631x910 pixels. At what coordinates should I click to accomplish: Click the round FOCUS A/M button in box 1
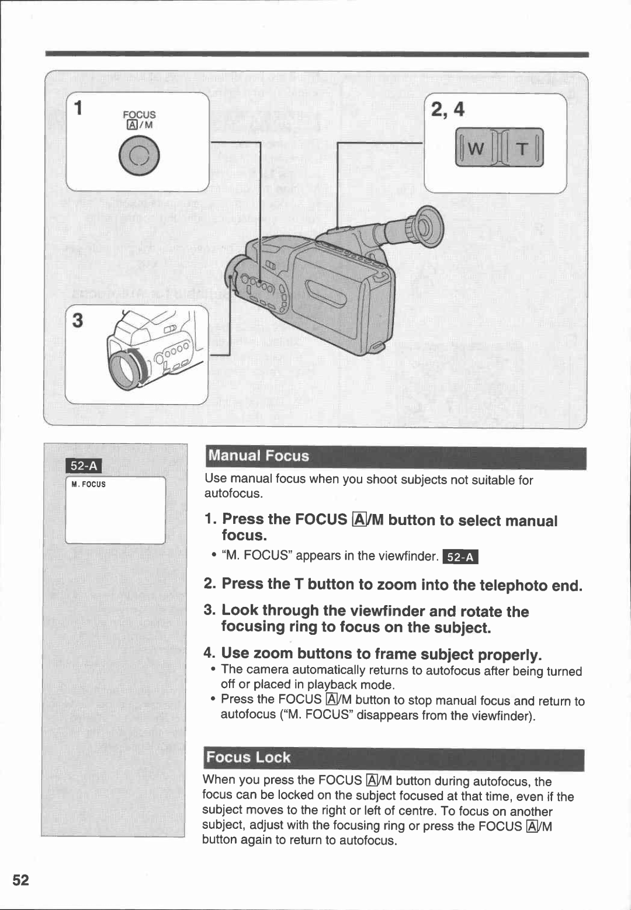tap(138, 155)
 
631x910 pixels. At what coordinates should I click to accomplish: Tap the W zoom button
tap(474, 148)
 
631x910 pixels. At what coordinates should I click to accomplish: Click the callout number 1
tap(77, 109)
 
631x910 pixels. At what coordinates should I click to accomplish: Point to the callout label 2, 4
tap(447, 109)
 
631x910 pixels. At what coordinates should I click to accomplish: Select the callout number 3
tap(78, 320)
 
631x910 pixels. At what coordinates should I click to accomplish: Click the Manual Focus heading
tap(258, 456)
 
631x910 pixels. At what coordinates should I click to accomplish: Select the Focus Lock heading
tap(248, 758)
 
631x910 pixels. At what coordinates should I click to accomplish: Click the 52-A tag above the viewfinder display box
tap(85, 466)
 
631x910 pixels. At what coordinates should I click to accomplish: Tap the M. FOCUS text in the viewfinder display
tap(88, 484)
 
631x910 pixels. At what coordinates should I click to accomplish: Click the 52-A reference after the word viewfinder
tap(460, 557)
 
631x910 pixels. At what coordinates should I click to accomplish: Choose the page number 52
tap(20, 880)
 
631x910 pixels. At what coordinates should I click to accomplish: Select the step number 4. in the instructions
tap(210, 652)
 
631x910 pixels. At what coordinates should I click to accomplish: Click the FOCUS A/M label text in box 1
tap(139, 119)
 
